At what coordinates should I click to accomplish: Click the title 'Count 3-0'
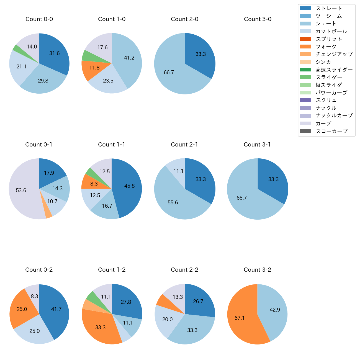coord(258,19)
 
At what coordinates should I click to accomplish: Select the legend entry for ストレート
coord(329,8)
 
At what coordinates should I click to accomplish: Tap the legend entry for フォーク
coord(326,47)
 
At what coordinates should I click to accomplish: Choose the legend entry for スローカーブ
coord(331,131)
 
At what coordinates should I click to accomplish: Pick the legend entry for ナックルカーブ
coord(334,115)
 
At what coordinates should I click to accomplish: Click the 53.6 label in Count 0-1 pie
coord(21,191)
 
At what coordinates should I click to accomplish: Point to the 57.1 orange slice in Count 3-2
coord(241,318)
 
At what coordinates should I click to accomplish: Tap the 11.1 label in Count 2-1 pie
coord(178,171)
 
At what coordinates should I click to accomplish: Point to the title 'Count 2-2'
coord(185,270)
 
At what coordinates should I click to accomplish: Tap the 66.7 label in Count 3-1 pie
coord(241,198)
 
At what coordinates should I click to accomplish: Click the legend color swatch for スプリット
coord(305,39)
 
